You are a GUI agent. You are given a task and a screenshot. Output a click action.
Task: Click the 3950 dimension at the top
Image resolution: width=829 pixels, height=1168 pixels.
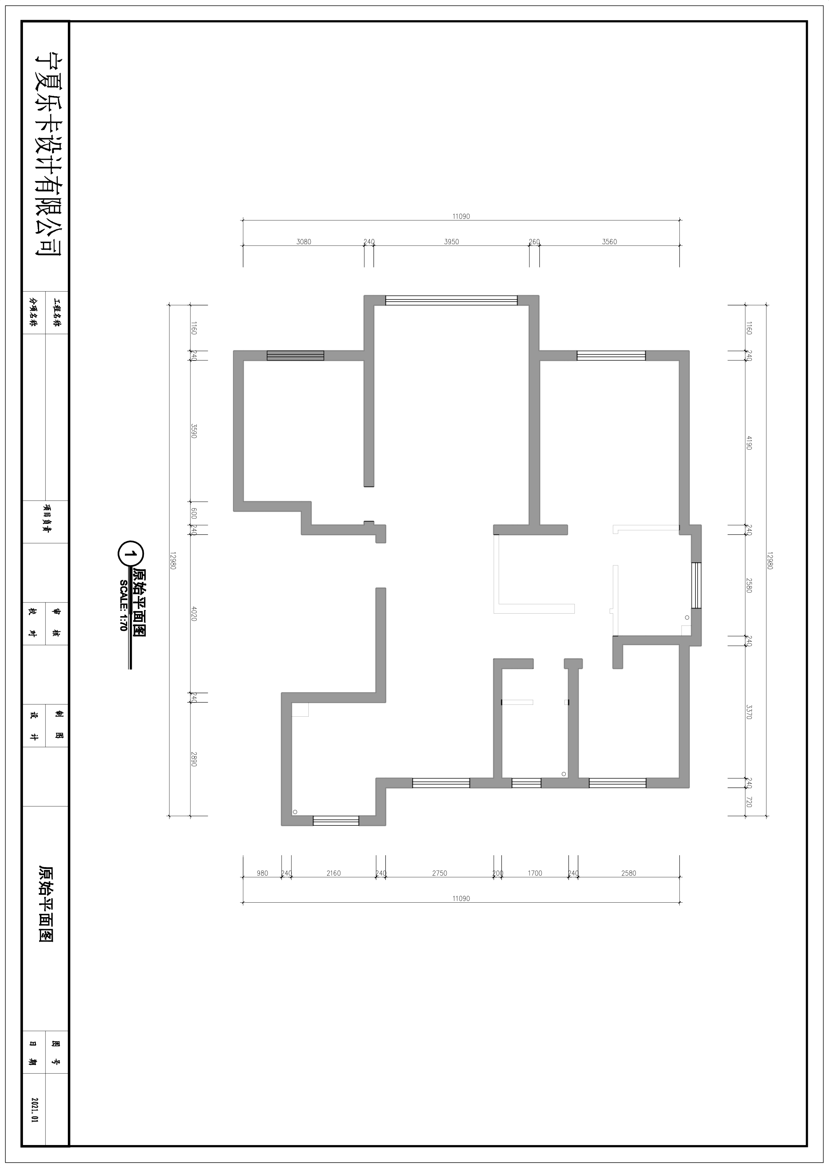[x=451, y=242]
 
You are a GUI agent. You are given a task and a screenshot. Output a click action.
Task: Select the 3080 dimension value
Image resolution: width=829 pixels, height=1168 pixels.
[x=304, y=242]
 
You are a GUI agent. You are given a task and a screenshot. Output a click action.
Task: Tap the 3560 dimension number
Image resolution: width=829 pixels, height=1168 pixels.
[x=610, y=242]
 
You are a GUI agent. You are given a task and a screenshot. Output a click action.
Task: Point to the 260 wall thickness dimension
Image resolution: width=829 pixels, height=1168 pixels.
[x=534, y=242]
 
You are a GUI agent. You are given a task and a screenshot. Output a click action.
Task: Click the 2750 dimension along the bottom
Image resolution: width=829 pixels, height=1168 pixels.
[x=439, y=874]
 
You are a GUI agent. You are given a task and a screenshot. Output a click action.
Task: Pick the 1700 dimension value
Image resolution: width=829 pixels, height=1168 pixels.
[x=535, y=874]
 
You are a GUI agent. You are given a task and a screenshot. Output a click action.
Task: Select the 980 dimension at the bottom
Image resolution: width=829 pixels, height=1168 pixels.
[x=262, y=874]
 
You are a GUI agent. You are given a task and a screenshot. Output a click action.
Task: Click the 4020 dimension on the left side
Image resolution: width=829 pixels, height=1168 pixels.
[x=194, y=613]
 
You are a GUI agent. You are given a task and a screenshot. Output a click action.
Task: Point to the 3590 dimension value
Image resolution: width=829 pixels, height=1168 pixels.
[x=194, y=431]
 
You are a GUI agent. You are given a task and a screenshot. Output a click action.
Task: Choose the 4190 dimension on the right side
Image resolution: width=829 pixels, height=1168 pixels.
[x=749, y=442]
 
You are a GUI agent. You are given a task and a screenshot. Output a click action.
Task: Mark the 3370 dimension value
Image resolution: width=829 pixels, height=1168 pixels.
[x=749, y=712]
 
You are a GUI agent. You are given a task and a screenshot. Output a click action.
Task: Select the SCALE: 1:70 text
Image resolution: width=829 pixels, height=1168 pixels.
[x=123, y=605]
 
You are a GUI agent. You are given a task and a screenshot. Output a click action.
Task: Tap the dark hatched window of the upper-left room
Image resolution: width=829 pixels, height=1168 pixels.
[x=295, y=355]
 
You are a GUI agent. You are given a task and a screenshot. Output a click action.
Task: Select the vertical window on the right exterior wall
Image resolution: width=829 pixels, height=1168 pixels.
[x=696, y=586]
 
